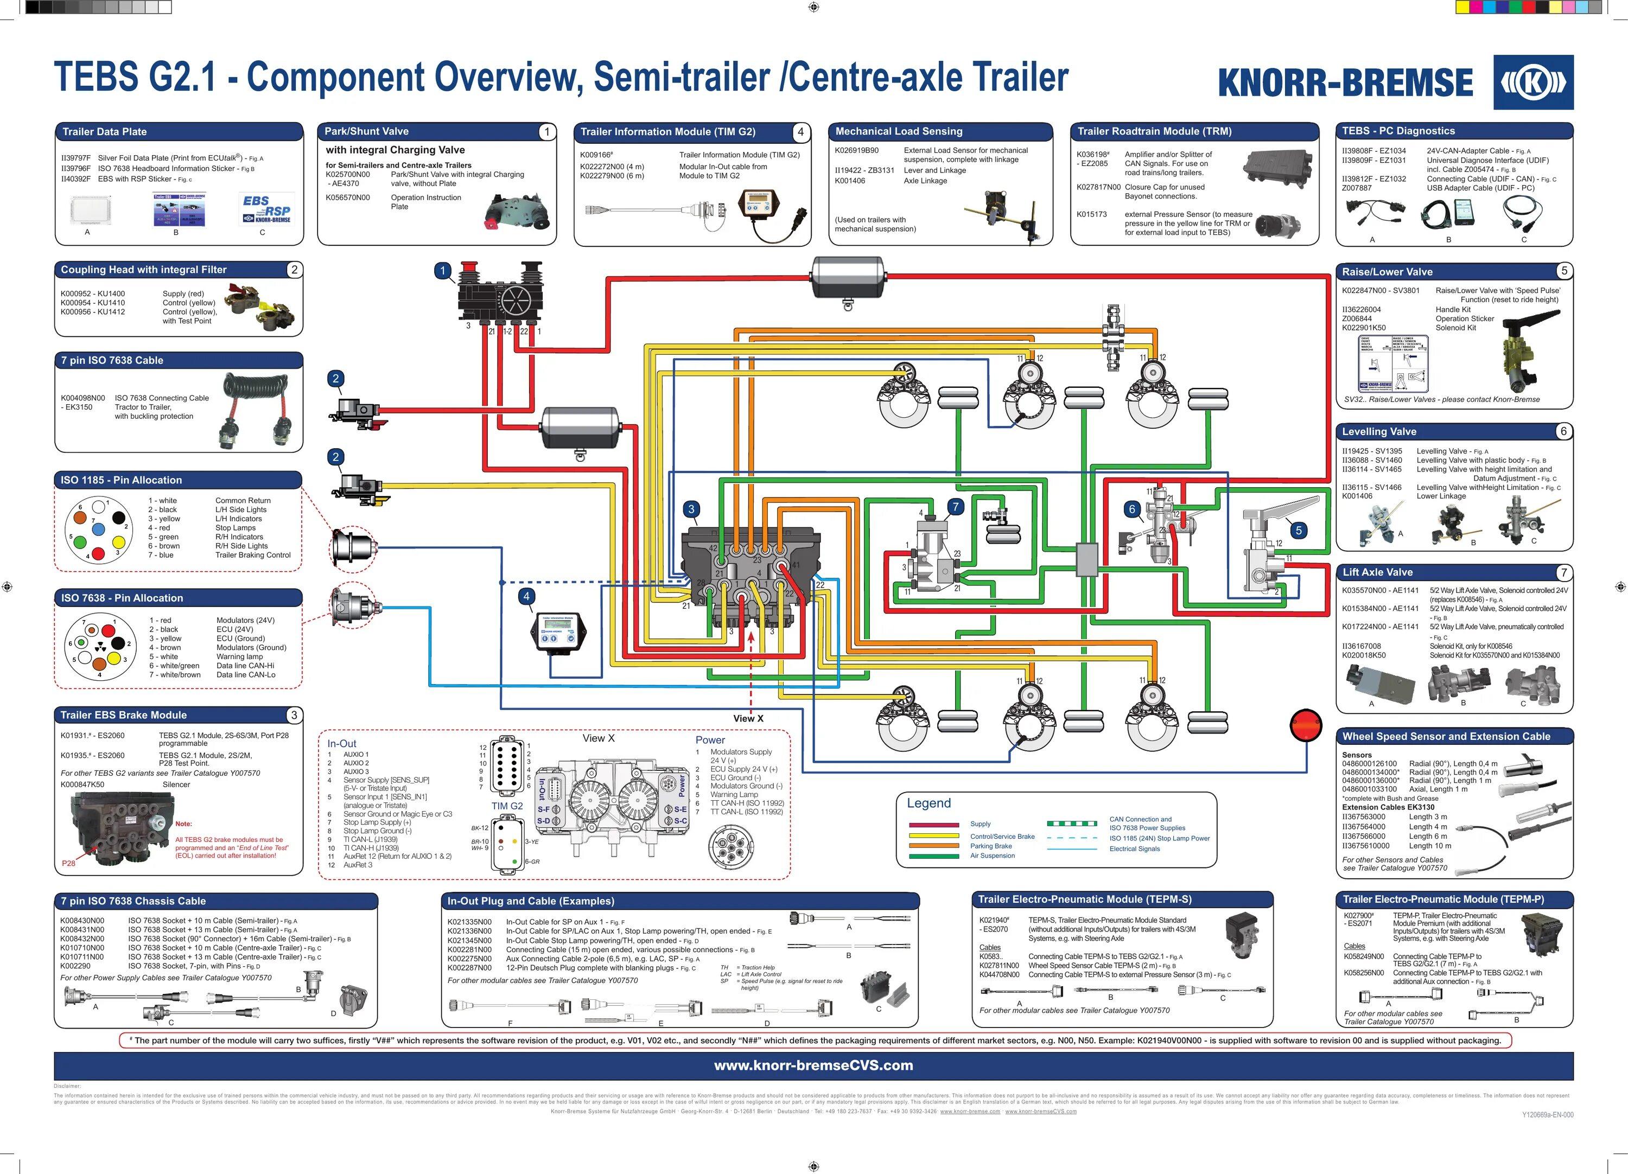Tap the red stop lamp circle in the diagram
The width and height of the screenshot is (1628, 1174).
(1306, 725)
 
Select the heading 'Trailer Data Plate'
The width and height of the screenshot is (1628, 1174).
(104, 132)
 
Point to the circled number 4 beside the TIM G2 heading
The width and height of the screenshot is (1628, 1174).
(800, 132)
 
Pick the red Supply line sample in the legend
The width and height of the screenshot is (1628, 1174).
(933, 825)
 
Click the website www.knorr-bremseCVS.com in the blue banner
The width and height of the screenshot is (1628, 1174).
(813, 1065)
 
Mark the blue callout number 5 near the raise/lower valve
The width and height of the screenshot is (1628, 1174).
(1299, 531)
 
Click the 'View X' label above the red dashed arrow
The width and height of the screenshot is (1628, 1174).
(748, 718)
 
